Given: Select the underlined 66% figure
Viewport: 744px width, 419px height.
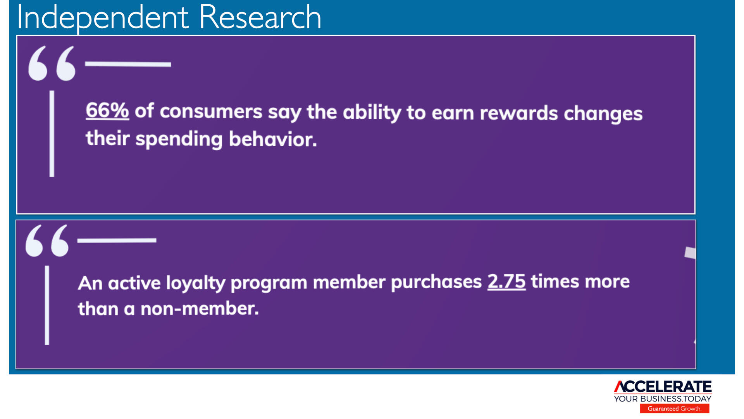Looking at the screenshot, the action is (x=107, y=110).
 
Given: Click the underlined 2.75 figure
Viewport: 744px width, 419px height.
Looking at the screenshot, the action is (x=506, y=281).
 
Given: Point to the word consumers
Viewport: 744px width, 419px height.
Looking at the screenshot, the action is (x=211, y=112).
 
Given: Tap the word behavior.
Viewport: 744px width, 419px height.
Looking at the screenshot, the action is (x=273, y=139).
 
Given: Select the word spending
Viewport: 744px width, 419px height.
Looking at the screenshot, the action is (x=179, y=139).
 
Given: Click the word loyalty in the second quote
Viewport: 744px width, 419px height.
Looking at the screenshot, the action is (x=196, y=283).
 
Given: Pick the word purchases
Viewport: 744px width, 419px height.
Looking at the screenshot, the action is (x=436, y=282).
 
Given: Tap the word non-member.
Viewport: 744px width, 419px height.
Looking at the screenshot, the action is (x=200, y=309).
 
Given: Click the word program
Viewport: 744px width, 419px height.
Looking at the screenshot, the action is (x=269, y=283).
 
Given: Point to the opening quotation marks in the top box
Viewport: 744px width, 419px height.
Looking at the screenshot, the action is (x=52, y=63).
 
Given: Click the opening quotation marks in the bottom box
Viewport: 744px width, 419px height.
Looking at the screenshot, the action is (x=47, y=241).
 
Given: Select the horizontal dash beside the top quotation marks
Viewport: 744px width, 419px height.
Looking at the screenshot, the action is (x=128, y=64).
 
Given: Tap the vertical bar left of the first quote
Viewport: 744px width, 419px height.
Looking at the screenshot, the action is (x=52, y=134).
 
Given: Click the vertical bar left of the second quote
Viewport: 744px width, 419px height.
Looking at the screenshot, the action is (x=47, y=305).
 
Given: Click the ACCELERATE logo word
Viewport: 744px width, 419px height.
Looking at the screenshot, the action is (x=663, y=387).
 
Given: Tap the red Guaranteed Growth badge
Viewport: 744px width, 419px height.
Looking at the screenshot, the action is (x=675, y=409).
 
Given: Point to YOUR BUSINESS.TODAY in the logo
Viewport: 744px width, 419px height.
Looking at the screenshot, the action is (x=663, y=399).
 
